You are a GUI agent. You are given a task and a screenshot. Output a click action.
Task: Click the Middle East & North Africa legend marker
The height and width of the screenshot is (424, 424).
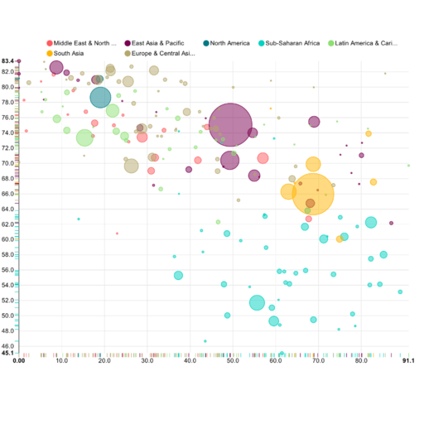pyautogui.click(x=49, y=42)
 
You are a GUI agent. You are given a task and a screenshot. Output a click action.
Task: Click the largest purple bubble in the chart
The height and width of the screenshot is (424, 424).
pyautogui.click(x=231, y=125)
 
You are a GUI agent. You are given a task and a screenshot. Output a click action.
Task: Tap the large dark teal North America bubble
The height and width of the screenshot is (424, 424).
pyautogui.click(x=101, y=97)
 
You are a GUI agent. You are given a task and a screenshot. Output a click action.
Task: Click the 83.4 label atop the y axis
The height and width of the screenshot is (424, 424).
pyautogui.click(x=7, y=61)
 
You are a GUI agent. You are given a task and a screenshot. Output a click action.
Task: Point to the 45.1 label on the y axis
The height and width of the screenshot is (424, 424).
pyautogui.click(x=7, y=354)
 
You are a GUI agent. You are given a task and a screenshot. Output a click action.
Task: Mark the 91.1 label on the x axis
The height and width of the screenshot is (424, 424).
pyautogui.click(x=407, y=361)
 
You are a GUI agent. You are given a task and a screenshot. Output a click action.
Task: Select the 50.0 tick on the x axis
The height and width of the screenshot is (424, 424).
pyautogui.click(x=234, y=361)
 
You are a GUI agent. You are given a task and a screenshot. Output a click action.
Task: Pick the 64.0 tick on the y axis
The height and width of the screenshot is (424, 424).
pyautogui.click(x=7, y=209)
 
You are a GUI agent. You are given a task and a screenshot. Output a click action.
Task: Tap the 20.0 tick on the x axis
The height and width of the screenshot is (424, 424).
pyautogui.click(x=105, y=361)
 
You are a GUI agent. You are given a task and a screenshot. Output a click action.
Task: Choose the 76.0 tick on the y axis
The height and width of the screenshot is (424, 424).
pyautogui.click(x=7, y=118)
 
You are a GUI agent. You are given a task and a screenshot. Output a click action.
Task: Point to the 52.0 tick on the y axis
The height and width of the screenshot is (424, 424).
pyautogui.click(x=7, y=300)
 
